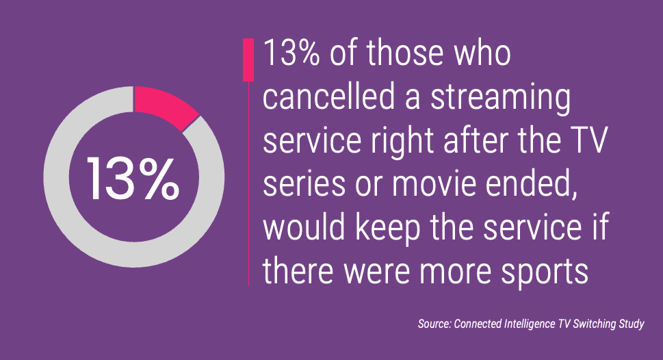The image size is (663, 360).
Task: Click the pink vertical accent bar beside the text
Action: (248, 60)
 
